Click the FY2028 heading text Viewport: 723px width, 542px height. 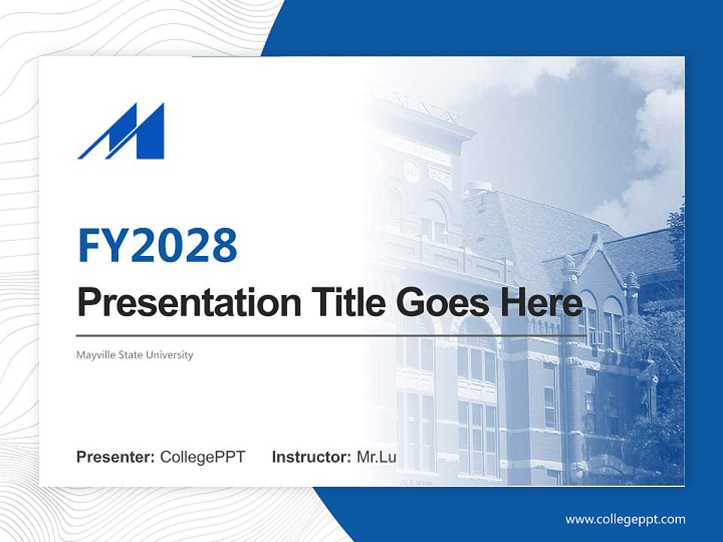[157, 245]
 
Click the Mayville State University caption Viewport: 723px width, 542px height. [135, 355]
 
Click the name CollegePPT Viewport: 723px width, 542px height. [203, 457]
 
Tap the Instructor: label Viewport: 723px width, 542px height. [311, 457]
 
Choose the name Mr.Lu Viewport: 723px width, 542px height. [377, 457]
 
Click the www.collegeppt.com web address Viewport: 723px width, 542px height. [625, 519]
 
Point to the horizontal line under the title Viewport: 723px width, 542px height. [331, 335]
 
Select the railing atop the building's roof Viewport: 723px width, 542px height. [422, 105]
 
